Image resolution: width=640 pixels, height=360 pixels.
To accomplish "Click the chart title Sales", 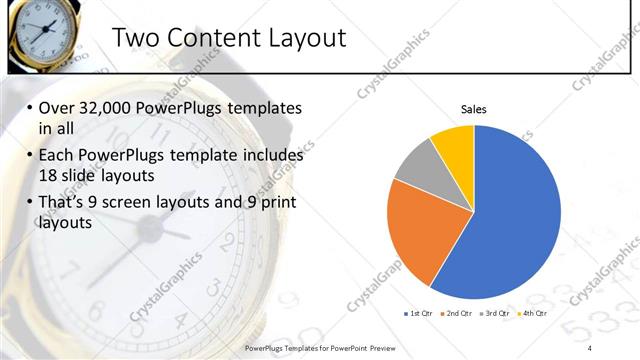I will point(473,108).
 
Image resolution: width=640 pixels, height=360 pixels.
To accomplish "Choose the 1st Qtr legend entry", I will point(418,313).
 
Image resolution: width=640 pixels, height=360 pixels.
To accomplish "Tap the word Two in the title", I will point(133,38).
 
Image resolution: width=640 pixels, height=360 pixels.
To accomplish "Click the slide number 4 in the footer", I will point(592,347).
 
